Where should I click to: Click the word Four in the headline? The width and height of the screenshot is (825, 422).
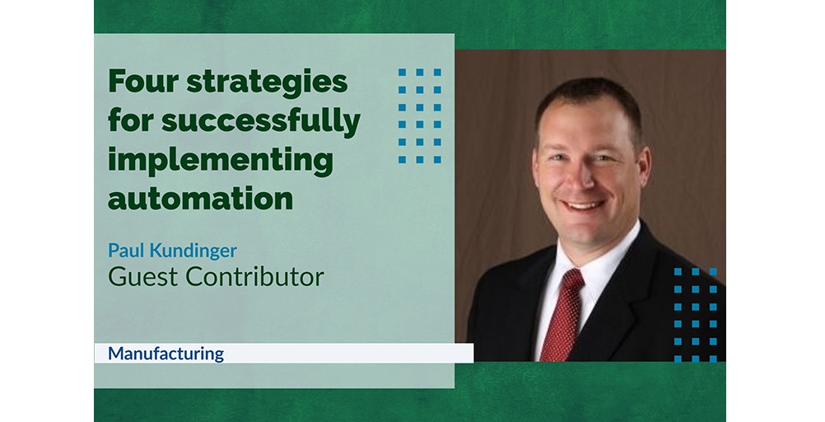(x=143, y=81)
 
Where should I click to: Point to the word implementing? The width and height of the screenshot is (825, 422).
(x=221, y=162)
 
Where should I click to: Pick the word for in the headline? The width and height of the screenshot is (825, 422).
(x=131, y=120)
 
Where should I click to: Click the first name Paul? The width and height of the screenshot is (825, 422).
(x=126, y=251)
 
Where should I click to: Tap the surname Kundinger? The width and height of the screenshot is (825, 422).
(x=193, y=251)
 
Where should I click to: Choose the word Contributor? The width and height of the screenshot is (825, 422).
(x=254, y=277)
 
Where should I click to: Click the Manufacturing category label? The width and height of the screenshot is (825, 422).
(x=165, y=354)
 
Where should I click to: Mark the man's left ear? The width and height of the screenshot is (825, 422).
(x=645, y=167)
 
